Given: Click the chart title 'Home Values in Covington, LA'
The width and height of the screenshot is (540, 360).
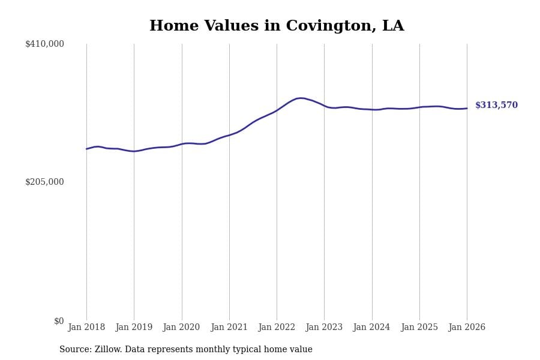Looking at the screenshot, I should pyautogui.click(x=277, y=26).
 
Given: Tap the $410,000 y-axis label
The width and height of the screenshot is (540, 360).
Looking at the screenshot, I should pyautogui.click(x=44, y=44).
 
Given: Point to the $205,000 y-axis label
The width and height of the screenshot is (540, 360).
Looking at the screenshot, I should pyautogui.click(x=44, y=182).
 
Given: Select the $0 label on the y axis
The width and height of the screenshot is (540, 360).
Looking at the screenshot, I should pyautogui.click(x=59, y=321).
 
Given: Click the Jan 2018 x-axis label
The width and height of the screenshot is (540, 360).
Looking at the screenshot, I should pyautogui.click(x=86, y=328).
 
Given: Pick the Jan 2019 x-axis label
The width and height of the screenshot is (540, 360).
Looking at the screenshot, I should pyautogui.click(x=134, y=328).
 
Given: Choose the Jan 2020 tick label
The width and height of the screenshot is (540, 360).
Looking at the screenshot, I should pyautogui.click(x=181, y=328).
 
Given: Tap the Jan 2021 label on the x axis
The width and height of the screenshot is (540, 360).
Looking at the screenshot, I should pyautogui.click(x=229, y=328).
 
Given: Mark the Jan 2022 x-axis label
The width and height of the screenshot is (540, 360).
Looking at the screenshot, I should pyautogui.click(x=277, y=328).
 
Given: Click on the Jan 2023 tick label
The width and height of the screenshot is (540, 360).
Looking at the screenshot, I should pyautogui.click(x=324, y=328).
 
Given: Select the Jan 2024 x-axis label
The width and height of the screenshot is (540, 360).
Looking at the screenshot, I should pyautogui.click(x=371, y=328).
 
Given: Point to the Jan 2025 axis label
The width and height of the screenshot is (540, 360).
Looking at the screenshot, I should pyautogui.click(x=419, y=328).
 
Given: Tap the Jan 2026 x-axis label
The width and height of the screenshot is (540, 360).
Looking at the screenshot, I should pyautogui.click(x=467, y=328).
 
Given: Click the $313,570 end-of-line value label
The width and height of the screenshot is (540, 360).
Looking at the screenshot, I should pyautogui.click(x=496, y=106).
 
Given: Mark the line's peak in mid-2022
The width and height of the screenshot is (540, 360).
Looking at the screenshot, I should pyautogui.click(x=301, y=98).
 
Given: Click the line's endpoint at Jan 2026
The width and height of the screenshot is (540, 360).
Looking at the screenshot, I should pyautogui.click(x=467, y=109).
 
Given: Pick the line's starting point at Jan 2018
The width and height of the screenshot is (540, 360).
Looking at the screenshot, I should pyautogui.click(x=86, y=149).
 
